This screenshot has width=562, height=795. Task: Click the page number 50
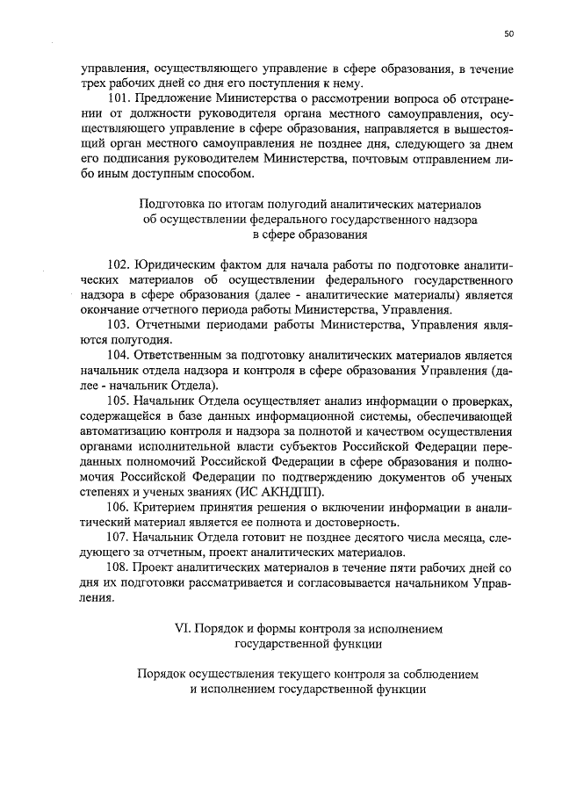(508, 34)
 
